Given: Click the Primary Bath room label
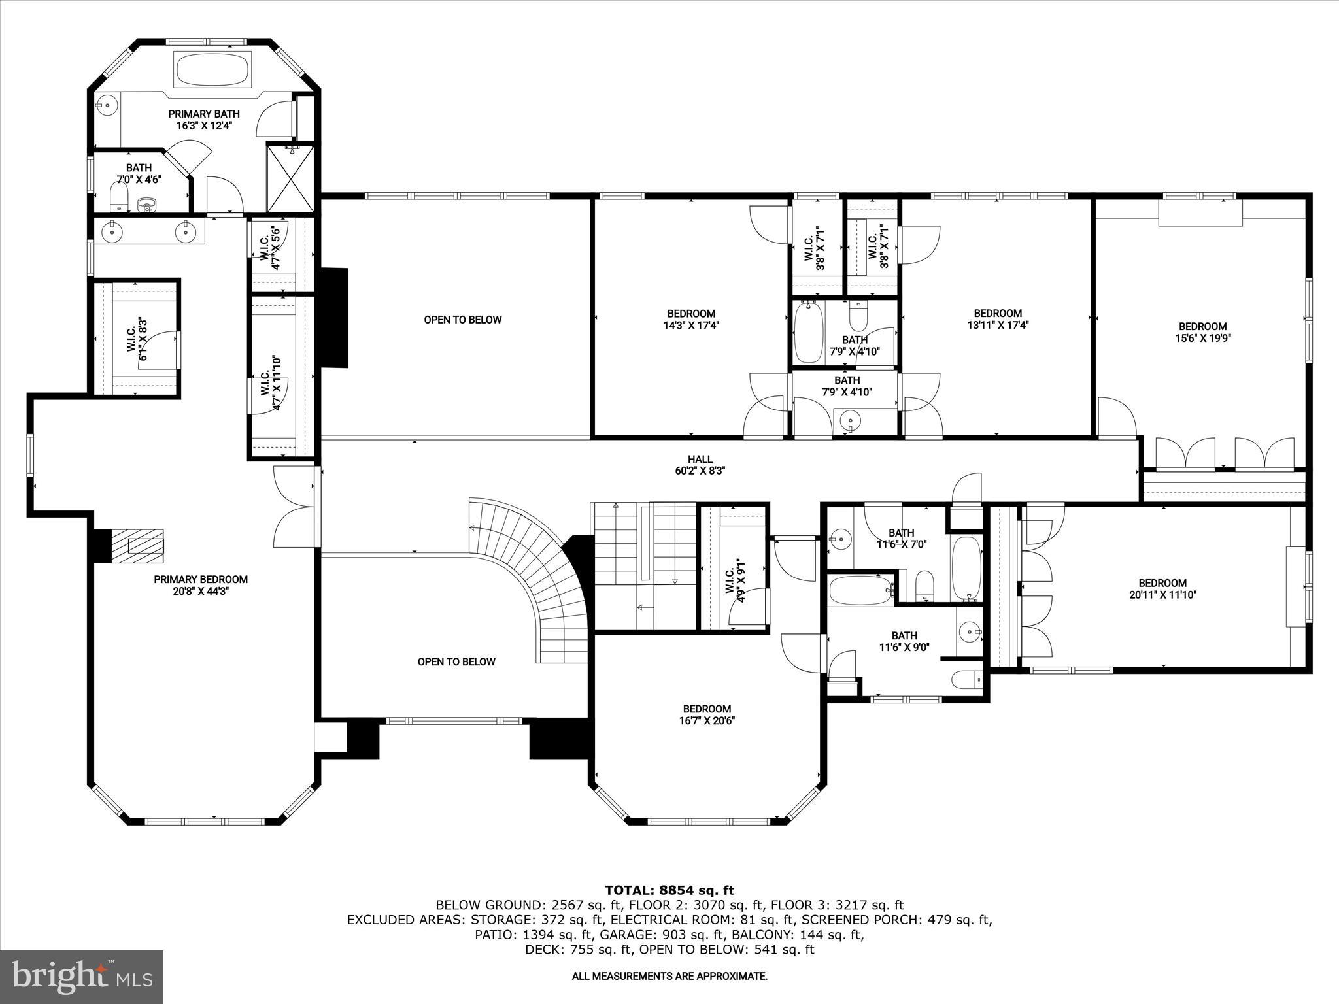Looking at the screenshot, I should [x=203, y=120].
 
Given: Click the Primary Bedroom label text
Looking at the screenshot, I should [x=201, y=585].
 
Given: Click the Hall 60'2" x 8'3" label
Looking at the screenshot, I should [x=700, y=465].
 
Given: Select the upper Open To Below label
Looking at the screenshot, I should [x=462, y=320].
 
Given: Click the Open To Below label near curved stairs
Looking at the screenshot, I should [x=456, y=661].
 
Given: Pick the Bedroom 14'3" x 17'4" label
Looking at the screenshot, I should [x=690, y=319].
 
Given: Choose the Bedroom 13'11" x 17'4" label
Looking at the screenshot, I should [x=997, y=319].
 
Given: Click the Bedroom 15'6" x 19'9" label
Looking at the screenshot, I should [x=1202, y=332].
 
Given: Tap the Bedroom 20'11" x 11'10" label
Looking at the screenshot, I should [x=1162, y=589].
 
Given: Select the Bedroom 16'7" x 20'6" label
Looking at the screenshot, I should [x=707, y=714].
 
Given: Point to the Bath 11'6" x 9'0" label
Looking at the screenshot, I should [x=904, y=641].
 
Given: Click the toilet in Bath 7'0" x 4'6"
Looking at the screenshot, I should [x=118, y=195].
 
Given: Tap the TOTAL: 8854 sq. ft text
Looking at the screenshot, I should [x=669, y=890].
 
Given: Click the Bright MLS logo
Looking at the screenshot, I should [x=82, y=977].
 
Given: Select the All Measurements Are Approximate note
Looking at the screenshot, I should [x=669, y=977].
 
